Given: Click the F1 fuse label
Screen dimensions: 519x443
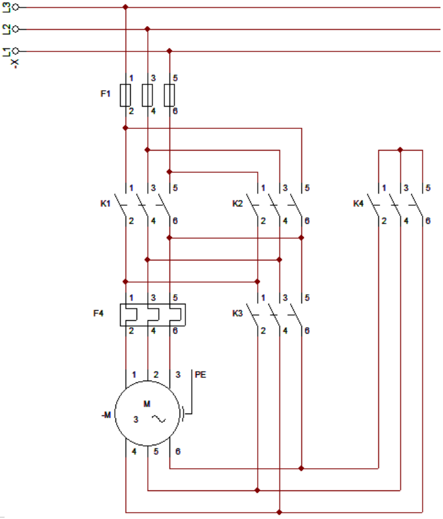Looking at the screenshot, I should click(105, 94).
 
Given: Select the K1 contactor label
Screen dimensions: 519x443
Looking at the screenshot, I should click(105, 204).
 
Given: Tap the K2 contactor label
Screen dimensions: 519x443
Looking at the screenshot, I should click(237, 204).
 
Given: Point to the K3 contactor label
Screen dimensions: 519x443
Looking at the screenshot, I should click(237, 313).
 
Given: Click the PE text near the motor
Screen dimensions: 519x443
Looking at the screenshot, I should click(201, 375).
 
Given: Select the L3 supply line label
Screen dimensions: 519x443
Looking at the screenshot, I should click(6, 8).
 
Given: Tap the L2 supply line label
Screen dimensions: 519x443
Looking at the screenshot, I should click(6, 29).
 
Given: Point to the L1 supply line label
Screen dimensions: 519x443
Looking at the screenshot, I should click(6, 51).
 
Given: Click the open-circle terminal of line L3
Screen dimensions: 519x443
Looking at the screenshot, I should click(17, 8).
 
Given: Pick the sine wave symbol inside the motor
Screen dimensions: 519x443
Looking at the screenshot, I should click(158, 419).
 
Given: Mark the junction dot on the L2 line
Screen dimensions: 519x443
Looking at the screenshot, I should click(147, 29).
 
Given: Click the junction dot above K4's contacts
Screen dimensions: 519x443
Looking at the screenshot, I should click(400, 150).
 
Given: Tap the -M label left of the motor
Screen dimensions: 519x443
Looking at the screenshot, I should click(106, 415).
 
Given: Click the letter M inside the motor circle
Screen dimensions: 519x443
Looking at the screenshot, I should click(147, 404).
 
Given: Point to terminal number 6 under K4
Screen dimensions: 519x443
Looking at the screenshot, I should click(428, 220).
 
